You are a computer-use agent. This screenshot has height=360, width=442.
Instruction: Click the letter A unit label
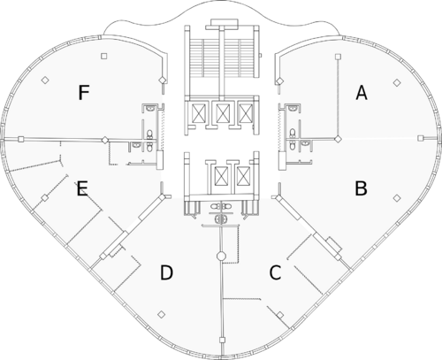coord(362,92)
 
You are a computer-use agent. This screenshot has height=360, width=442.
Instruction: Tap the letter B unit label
coord(361,188)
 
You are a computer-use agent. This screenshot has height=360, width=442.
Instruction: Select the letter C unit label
coord(275,272)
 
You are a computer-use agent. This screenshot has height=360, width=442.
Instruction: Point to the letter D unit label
coord(166,272)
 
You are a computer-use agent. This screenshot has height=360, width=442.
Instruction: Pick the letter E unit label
coord(82,189)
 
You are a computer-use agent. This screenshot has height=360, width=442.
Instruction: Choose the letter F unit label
coord(84,92)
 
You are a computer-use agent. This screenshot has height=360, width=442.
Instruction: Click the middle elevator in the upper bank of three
coord(221,113)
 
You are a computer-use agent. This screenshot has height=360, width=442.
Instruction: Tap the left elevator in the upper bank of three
coord(198,113)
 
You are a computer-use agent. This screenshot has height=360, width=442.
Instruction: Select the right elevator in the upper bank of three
coord(245,113)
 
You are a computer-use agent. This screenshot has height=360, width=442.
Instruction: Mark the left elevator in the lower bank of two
coord(221,176)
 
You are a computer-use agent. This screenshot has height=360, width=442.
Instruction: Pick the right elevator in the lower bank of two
coord(243,176)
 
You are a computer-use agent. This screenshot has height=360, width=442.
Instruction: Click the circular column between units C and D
coord(221,256)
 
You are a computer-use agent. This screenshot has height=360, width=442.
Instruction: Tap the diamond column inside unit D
coord(161,315)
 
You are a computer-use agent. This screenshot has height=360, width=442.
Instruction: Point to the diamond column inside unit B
coord(397,198)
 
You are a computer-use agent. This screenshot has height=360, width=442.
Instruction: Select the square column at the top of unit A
coord(339,56)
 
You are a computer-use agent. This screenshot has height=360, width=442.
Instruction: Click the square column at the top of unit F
coord(103,56)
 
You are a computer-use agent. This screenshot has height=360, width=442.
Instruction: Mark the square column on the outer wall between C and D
coord(223,341)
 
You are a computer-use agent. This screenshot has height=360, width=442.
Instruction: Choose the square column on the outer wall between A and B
coord(421,138)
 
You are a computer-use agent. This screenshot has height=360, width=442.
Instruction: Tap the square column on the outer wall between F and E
coord(20,139)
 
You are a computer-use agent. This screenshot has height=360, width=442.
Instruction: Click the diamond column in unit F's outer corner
coord(45,80)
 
